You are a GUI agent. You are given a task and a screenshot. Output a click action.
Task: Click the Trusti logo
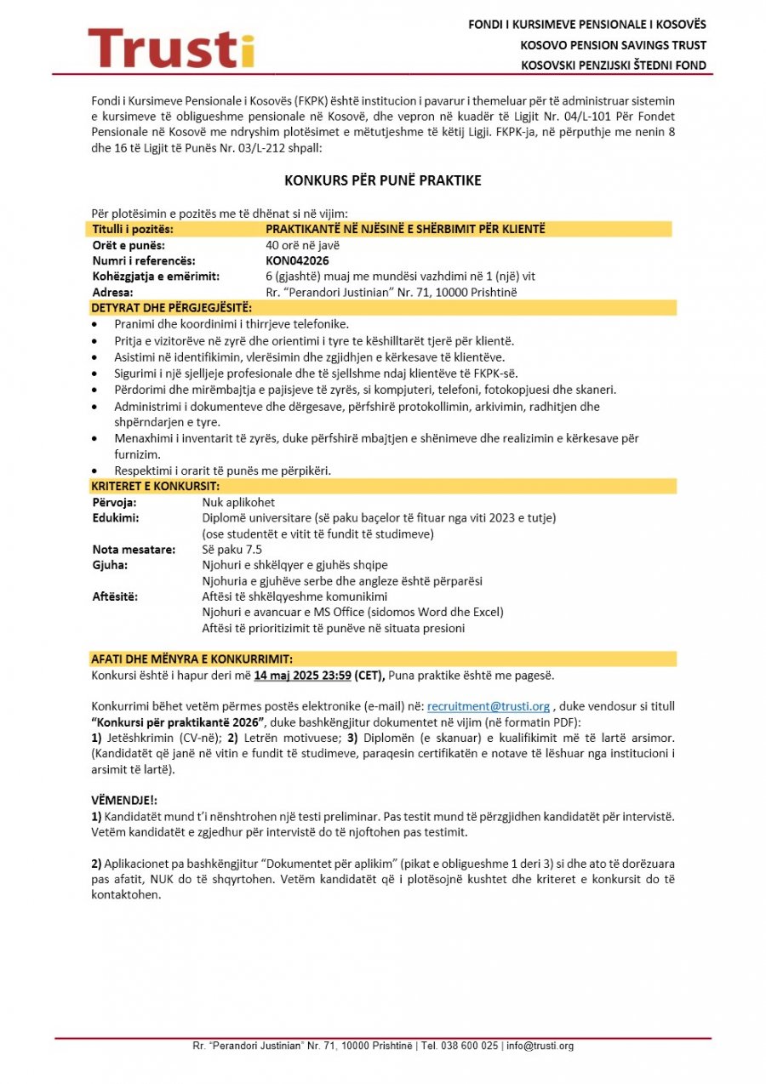point(171,48)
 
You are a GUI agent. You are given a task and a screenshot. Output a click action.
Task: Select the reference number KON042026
point(297,261)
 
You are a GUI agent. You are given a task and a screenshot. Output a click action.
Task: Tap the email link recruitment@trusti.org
point(489,706)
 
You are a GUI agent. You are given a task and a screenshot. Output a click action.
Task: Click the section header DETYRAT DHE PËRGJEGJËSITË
point(171,308)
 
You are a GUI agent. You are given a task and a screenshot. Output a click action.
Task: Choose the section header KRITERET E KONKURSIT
point(156,487)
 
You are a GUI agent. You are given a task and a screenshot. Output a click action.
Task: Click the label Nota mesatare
point(128,550)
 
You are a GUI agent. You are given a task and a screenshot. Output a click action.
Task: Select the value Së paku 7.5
point(232,550)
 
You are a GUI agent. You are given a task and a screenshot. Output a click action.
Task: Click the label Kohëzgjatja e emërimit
point(156,277)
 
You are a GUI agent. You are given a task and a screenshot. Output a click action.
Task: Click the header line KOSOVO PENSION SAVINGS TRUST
point(613,45)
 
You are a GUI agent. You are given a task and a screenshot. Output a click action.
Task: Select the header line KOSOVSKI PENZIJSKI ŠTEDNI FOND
point(613,66)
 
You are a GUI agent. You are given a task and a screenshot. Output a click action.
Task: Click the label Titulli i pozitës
point(133,230)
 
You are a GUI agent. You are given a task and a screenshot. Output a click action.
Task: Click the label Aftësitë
point(116,596)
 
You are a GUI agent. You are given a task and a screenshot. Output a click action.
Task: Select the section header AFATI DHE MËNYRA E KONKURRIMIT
point(191,659)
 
